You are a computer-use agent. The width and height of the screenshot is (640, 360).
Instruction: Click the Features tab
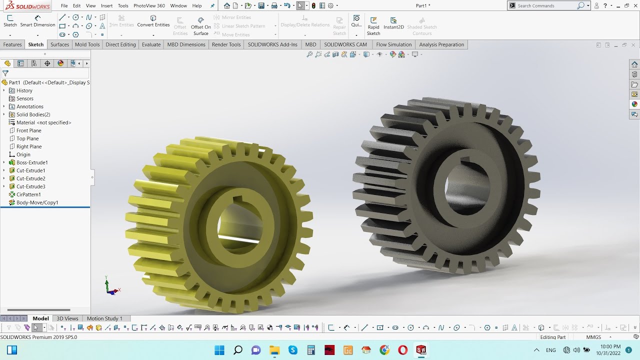[x=12, y=44]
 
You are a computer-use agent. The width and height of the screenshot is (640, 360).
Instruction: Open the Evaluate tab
[x=151, y=44]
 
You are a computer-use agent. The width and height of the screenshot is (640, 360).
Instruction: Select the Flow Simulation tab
[x=393, y=44]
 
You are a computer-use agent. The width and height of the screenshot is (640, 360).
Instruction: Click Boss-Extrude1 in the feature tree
[x=32, y=162]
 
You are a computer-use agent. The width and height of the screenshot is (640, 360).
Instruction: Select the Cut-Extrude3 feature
[x=30, y=186]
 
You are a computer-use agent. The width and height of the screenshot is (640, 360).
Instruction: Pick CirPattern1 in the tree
[x=28, y=194]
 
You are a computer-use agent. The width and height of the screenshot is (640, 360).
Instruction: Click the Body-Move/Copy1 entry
[x=37, y=202]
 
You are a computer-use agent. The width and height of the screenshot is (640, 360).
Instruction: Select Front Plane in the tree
[x=28, y=130]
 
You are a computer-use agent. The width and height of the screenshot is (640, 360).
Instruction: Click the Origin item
[x=23, y=154]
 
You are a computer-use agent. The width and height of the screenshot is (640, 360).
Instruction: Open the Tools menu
[x=123, y=5]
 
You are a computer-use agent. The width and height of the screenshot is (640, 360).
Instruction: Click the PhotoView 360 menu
[x=149, y=5]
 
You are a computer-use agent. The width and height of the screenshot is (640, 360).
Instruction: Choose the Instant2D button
[x=393, y=23]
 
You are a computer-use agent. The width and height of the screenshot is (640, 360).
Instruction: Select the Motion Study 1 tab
[x=104, y=318]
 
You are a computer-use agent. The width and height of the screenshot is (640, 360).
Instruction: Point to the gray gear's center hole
[x=468, y=190]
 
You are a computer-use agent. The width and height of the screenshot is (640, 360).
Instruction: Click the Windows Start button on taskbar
[x=219, y=350]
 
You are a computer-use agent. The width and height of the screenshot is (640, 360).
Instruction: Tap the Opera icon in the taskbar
[x=402, y=350]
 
